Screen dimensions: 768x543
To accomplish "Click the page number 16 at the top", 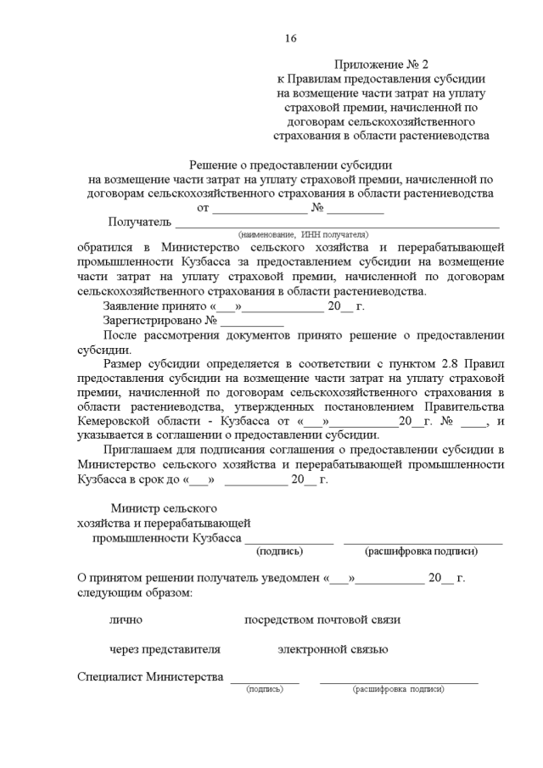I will click(x=290, y=38).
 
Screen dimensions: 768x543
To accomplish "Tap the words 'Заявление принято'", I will click(x=155, y=306).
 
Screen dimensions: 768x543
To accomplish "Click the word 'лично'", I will click(x=126, y=619).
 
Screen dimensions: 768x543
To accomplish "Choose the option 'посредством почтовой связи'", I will click(x=322, y=619).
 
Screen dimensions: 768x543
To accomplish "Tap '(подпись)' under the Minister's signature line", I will click(x=279, y=552).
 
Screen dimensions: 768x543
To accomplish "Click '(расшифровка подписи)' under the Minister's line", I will click(x=421, y=552).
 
